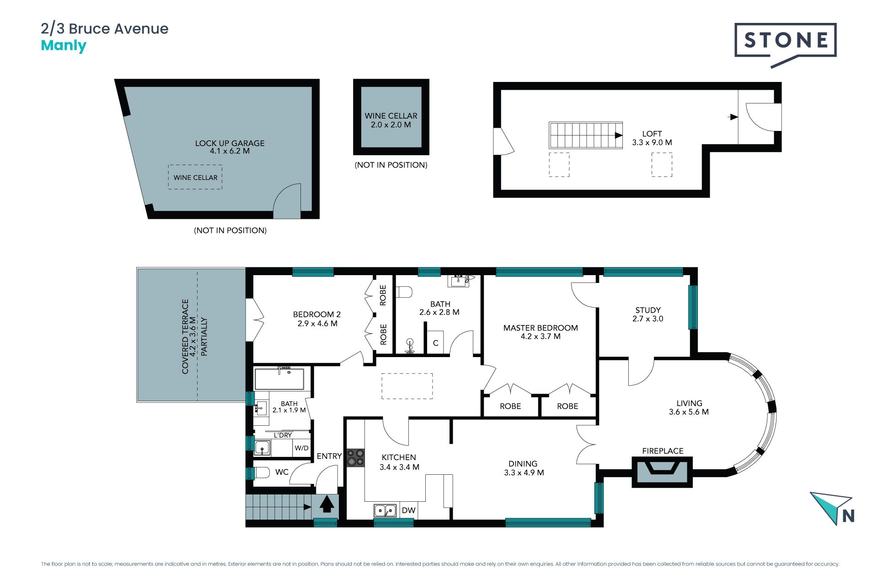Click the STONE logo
click(785, 44)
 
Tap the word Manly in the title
click(64, 46)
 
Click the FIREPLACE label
click(663, 451)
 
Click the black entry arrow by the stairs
click(326, 505)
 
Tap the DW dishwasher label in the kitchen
click(408, 510)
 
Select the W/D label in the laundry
click(301, 448)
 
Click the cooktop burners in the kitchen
click(355, 457)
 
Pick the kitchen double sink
click(385, 510)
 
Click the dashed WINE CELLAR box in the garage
click(195, 177)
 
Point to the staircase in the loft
click(586, 135)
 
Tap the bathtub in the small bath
click(279, 379)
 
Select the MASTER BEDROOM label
click(541, 328)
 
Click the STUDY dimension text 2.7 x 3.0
click(648, 319)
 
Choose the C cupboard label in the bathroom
click(435, 343)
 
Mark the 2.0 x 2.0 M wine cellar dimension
click(391, 125)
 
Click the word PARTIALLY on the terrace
click(204, 336)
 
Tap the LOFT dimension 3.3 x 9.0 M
click(652, 142)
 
